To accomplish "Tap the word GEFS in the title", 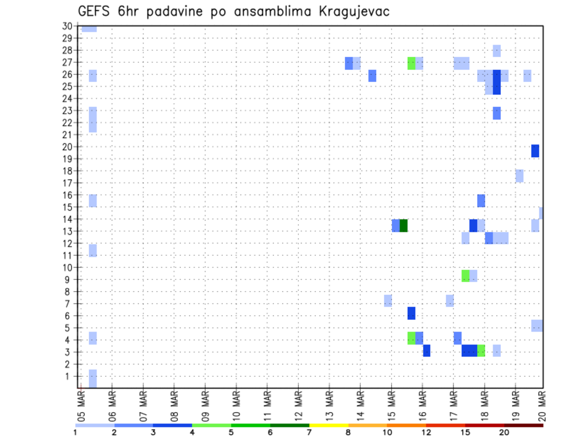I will point(97,12).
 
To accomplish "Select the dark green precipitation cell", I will point(404,225).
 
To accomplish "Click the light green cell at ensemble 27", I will point(411,63).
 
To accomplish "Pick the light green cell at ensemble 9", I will point(465,276).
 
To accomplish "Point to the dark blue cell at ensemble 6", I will point(411,313).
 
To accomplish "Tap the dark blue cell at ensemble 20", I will point(535,151).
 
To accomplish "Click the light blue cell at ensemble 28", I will point(497,51).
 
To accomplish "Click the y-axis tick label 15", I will point(67,207).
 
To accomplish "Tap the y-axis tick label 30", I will point(67,26).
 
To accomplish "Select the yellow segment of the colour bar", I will point(328,425).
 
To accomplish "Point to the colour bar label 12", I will point(427,432).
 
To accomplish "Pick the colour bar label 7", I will point(309,432).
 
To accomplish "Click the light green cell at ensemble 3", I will point(481,350).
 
